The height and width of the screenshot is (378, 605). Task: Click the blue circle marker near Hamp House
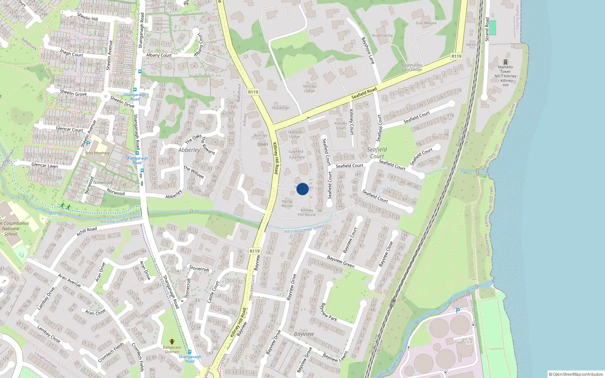(x=302, y=189)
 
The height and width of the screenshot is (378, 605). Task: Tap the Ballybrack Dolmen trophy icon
(x=172, y=342)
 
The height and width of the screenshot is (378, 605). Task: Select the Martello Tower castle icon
(x=506, y=62)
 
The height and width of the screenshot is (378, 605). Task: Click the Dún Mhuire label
(x=426, y=23)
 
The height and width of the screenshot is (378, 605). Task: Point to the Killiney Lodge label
(x=309, y=88)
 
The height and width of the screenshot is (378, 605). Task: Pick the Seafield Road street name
(x=364, y=93)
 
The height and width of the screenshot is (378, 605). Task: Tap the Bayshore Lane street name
(x=368, y=50)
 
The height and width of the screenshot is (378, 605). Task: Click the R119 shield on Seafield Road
(x=456, y=56)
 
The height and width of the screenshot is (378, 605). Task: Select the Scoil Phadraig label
(x=97, y=153)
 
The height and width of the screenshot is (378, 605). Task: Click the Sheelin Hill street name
(x=87, y=17)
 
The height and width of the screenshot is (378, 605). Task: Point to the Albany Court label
(x=159, y=55)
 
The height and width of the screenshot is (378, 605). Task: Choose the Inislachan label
(x=281, y=108)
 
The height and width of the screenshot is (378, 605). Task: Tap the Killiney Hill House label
(x=307, y=212)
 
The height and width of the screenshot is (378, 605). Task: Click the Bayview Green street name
(x=341, y=262)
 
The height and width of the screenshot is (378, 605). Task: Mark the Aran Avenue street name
(x=69, y=280)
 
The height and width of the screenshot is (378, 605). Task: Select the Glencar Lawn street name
(x=45, y=165)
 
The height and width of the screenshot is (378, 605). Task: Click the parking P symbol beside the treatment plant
(x=458, y=311)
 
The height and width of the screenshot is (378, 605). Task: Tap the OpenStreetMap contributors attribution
(x=576, y=374)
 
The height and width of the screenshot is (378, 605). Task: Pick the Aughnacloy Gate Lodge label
(x=412, y=67)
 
